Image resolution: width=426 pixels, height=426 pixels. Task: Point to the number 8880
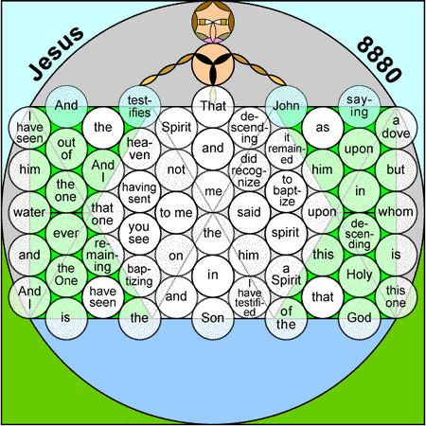tap(380, 60)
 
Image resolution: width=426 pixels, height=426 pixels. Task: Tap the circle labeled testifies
tap(139, 106)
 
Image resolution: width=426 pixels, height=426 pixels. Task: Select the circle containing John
tap(286, 106)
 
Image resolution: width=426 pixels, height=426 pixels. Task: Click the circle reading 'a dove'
tap(396, 128)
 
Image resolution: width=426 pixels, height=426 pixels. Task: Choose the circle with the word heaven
tap(139, 149)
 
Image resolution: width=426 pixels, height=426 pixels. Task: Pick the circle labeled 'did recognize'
tap(249, 170)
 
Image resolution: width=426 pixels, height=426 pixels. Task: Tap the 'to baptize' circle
tap(286, 191)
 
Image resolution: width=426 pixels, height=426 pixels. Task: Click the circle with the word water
tap(29, 212)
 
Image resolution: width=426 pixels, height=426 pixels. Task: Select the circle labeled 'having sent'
tap(139, 191)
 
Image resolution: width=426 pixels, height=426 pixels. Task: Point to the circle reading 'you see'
tap(139, 234)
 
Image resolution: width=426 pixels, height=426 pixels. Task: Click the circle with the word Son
tap(213, 318)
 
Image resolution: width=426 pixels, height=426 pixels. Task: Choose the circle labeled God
tap(359, 318)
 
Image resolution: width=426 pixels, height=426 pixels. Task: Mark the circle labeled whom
tap(396, 212)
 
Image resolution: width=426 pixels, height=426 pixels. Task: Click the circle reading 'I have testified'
tap(249, 297)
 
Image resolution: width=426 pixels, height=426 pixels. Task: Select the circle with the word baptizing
tap(139, 276)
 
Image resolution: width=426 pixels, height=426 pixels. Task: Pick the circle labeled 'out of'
tap(66, 149)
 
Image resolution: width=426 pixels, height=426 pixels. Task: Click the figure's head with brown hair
tap(213, 22)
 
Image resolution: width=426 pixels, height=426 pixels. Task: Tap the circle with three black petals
tap(213, 64)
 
